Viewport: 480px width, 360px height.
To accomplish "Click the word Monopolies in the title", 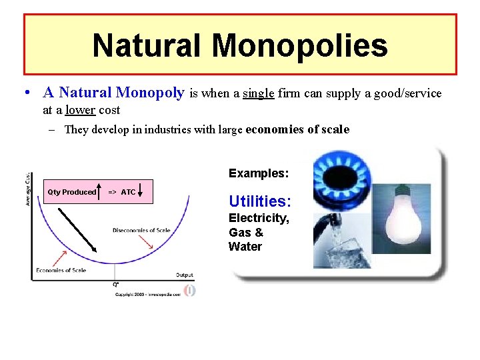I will click(x=300, y=45).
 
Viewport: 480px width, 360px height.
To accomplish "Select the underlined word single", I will click(x=258, y=93).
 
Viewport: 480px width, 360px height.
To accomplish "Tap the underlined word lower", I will click(x=80, y=109).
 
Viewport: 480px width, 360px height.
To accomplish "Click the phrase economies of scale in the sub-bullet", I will click(x=297, y=129).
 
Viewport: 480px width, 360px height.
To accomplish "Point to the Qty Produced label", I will click(x=71, y=192).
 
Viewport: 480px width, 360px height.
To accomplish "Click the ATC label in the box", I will click(x=128, y=192).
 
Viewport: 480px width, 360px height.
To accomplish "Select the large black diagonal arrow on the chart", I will click(x=77, y=229).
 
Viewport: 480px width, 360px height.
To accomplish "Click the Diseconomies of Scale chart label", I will click(x=141, y=231).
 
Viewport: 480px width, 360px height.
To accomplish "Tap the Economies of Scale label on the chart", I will click(x=61, y=271).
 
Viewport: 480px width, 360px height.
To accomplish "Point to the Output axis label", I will click(x=185, y=275).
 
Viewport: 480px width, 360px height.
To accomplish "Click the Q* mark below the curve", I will click(x=116, y=284).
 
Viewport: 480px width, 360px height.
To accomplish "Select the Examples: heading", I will click(x=259, y=173).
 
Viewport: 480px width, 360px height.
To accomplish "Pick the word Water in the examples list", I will click(x=245, y=247).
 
